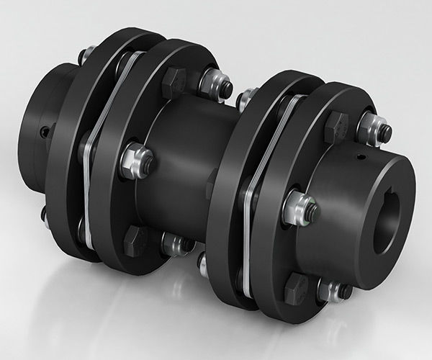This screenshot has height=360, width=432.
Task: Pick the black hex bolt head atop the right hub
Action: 336,127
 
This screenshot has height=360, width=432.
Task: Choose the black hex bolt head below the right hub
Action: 295,288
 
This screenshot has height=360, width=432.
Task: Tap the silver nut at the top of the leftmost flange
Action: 88,53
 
